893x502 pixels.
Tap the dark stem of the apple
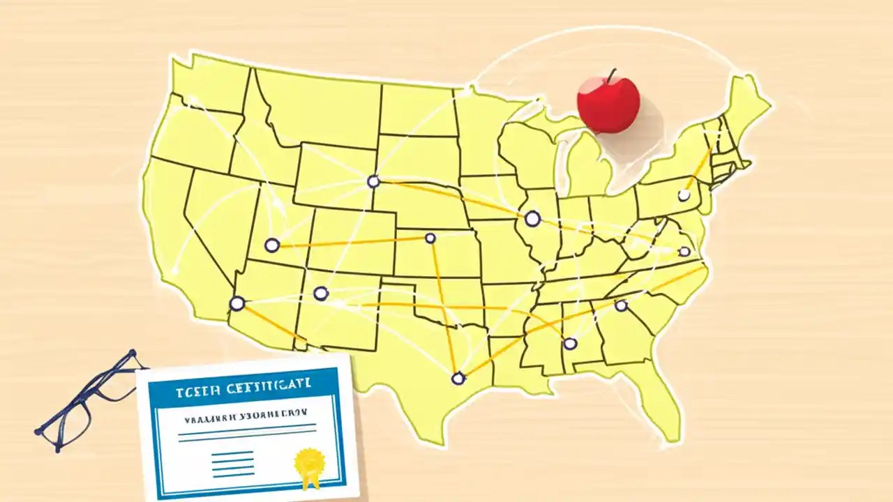coord(612,75)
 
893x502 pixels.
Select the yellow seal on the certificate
coord(309,461)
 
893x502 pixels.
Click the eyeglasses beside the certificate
coord(87,401)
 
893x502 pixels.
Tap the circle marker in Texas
coord(458,379)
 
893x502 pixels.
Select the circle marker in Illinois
coord(532,219)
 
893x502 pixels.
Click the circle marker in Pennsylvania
coord(684,196)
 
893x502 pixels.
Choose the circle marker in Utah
coord(272,245)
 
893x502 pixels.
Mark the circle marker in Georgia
coord(621,305)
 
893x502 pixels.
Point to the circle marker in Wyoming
coord(373,182)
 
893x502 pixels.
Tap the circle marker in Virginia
coord(684,252)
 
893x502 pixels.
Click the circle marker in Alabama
coord(570,343)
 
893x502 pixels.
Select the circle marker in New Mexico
coord(320,294)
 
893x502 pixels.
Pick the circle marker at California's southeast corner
coord(237,303)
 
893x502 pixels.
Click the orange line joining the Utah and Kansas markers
coord(349,241)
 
